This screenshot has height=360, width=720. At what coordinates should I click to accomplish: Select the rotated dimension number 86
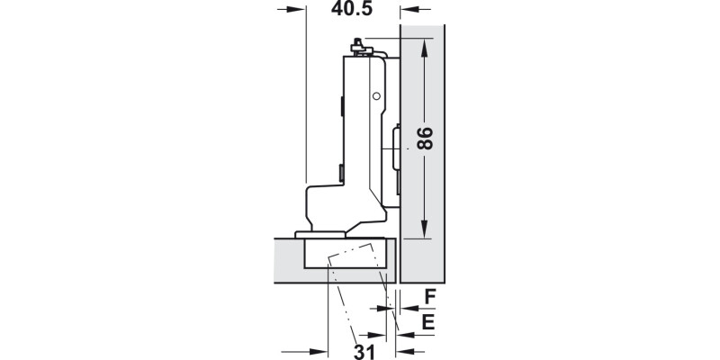[x=425, y=139]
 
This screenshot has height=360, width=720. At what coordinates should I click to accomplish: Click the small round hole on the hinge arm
[x=376, y=95]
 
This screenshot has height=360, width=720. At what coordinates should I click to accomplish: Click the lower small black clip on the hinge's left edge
[x=340, y=171]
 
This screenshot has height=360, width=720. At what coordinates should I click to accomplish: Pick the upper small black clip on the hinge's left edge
[x=342, y=106]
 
